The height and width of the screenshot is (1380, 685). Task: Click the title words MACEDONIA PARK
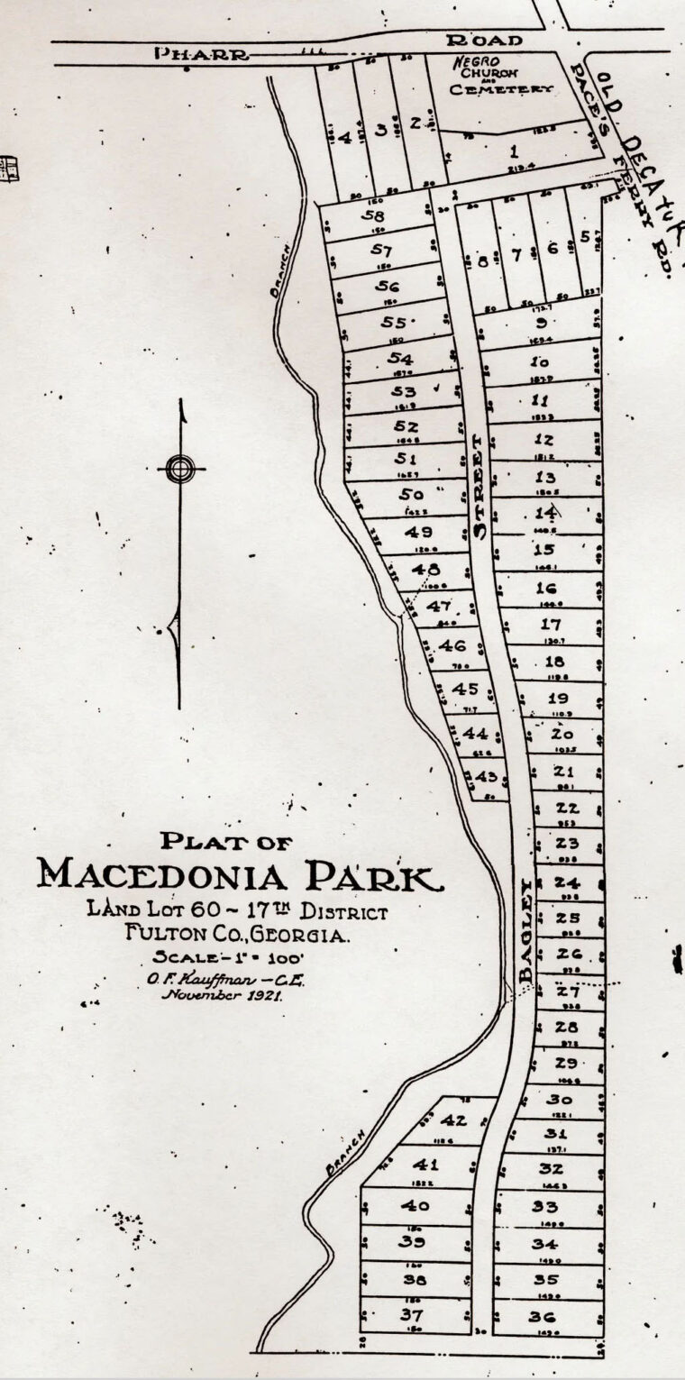click(240, 873)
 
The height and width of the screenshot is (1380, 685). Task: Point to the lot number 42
click(454, 1121)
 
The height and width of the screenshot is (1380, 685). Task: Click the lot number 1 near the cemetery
click(514, 151)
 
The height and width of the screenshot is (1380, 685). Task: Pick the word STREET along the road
click(479, 487)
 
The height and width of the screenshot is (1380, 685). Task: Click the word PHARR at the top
click(201, 53)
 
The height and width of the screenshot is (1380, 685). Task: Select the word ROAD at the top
click(485, 41)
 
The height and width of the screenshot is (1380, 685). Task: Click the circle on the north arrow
click(180, 468)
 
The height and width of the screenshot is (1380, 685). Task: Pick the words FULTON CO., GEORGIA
click(237, 936)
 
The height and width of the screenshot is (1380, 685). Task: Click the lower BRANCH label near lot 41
click(342, 1153)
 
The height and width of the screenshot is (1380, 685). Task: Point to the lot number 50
click(411, 494)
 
